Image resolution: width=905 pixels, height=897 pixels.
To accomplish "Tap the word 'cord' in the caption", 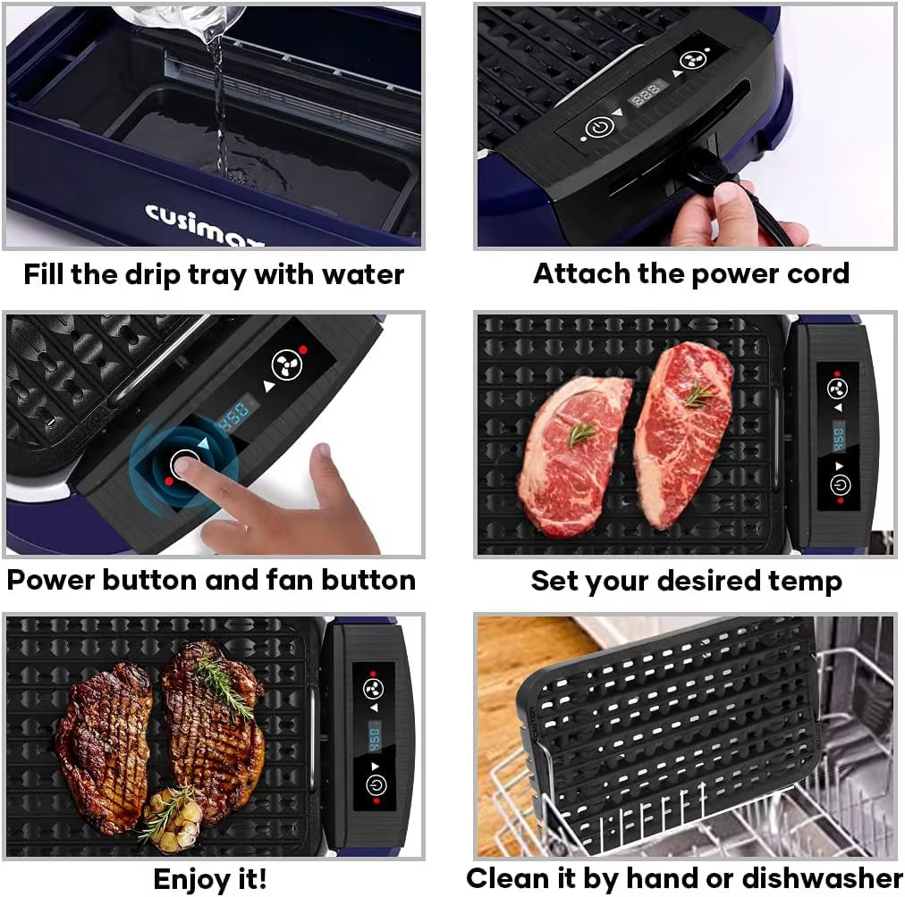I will pos(814,273).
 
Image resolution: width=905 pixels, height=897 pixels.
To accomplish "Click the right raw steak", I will pos(684,429).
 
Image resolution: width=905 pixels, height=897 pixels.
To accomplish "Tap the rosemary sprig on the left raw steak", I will pos(581,433).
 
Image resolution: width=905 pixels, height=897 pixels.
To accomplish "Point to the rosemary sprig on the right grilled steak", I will pos(224,683).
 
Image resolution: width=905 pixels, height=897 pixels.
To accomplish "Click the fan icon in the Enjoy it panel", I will pos(373,688).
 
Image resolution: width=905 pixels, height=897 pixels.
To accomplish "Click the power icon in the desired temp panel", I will pos(839,485).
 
